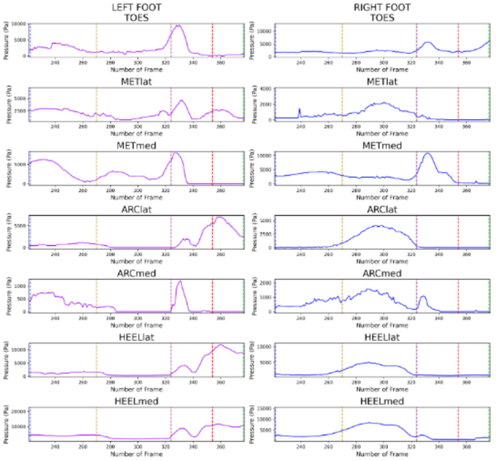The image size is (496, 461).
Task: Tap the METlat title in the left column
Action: [136, 79]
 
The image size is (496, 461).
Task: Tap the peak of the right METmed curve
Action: [427, 154]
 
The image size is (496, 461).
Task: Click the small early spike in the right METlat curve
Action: [299, 108]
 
